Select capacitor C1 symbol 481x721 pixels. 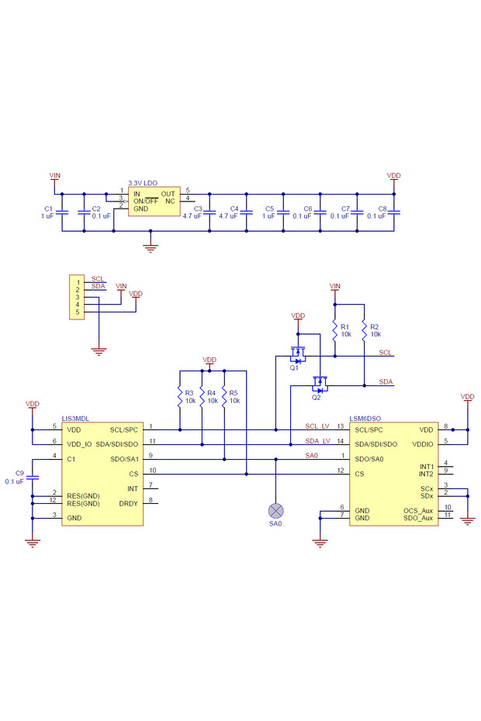pos(63,212)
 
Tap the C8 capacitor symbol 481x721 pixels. pos(394,212)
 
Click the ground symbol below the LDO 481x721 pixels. pos(151,247)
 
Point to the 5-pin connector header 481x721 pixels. pos(77,297)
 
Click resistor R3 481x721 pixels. pos(179,396)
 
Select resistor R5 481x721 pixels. pos(223,396)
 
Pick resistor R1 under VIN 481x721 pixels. pos(334,329)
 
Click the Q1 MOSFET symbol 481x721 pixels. pos(296,356)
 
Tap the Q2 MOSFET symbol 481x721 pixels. pos(318,384)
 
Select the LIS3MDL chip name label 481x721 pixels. pos(75,418)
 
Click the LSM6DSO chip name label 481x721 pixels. pos(365,418)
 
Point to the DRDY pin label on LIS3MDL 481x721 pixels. pos(128,503)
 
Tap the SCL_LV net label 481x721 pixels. pos(317,426)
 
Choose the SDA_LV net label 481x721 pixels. pos(317,440)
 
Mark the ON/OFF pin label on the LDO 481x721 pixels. pos(146,201)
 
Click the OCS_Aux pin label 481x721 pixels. pos(418,509)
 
